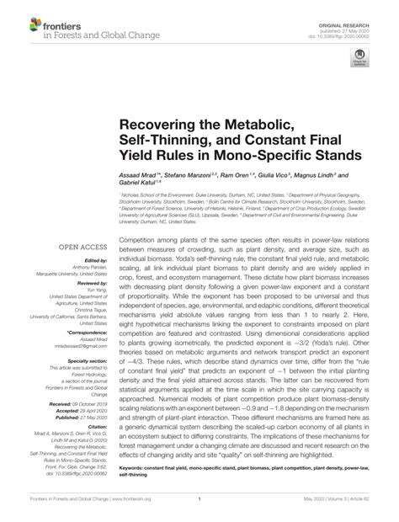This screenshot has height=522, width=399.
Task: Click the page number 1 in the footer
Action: pyautogui.click(x=199, y=509)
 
